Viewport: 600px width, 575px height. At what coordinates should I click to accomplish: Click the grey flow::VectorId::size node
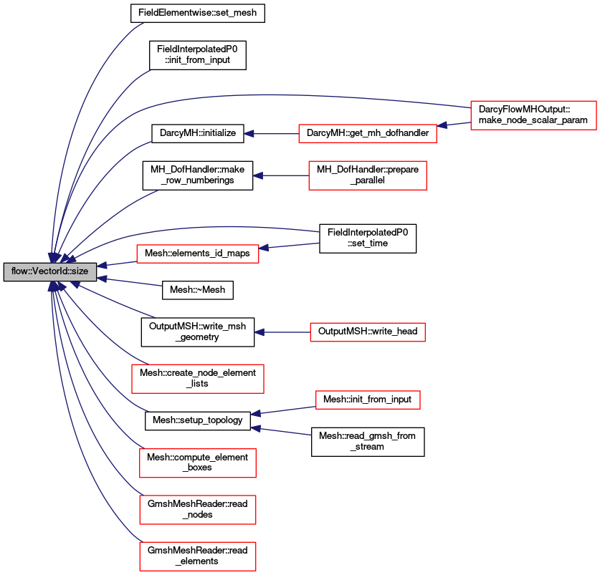[x=49, y=272]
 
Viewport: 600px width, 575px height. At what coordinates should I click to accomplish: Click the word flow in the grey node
[x=21, y=272]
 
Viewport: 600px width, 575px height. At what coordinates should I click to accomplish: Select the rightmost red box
[x=533, y=115]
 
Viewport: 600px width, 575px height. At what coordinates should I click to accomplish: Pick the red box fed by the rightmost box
[x=367, y=134]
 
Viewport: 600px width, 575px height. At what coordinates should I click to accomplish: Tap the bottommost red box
[x=197, y=556]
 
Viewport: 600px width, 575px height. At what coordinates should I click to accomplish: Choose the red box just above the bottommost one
[x=197, y=510]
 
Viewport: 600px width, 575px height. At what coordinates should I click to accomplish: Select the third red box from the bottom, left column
[x=197, y=463]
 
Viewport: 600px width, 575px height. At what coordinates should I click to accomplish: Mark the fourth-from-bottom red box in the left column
[x=197, y=379]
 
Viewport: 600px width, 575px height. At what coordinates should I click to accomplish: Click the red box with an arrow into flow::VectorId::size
[x=197, y=254]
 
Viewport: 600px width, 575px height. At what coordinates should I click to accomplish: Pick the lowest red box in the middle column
[x=368, y=400]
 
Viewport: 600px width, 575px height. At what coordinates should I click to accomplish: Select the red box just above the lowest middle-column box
[x=367, y=332]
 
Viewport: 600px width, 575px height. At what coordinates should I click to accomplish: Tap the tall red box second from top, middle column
[x=367, y=175]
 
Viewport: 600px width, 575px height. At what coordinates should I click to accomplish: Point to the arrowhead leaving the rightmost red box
[x=443, y=125]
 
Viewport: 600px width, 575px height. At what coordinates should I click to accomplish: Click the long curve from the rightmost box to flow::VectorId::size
[x=301, y=95]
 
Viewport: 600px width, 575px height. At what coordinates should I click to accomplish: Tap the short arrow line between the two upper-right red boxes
[x=454, y=125]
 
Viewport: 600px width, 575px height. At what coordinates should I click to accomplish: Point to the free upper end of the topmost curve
[x=143, y=23]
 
